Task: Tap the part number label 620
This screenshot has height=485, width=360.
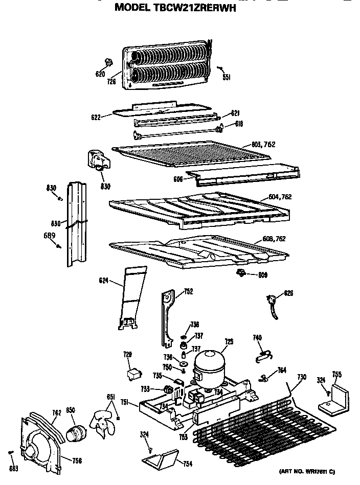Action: [100, 74]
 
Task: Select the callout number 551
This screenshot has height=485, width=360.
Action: [227, 77]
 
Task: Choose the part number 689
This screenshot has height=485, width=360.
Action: [49, 236]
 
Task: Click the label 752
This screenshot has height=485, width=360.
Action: [188, 292]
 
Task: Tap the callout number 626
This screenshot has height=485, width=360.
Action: [288, 293]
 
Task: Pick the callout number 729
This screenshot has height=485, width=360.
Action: [127, 354]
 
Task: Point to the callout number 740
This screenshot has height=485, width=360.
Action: [257, 337]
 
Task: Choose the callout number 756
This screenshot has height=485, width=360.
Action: [77, 461]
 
